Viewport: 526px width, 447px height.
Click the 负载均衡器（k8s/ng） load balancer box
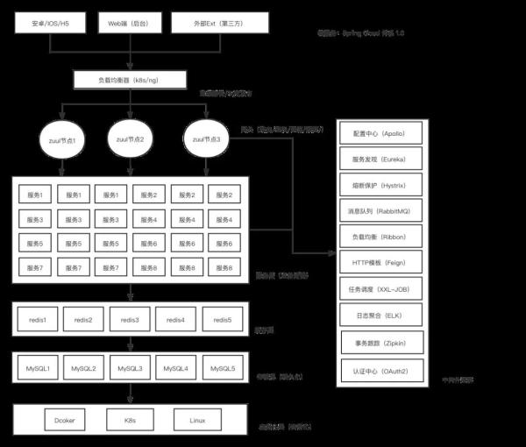tap(129, 79)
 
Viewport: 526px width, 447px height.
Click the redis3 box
tap(130, 321)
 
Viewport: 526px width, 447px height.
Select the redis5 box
tap(223, 321)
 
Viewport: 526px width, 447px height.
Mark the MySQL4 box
tap(176, 368)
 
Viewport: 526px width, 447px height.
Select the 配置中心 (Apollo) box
tap(381, 133)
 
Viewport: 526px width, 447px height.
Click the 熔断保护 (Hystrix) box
tap(381, 185)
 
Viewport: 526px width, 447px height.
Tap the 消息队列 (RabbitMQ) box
tap(381, 210)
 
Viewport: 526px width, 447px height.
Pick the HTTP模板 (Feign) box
tap(381, 262)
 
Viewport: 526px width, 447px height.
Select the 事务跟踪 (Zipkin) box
tap(381, 344)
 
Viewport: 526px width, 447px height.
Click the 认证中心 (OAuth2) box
tap(381, 370)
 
